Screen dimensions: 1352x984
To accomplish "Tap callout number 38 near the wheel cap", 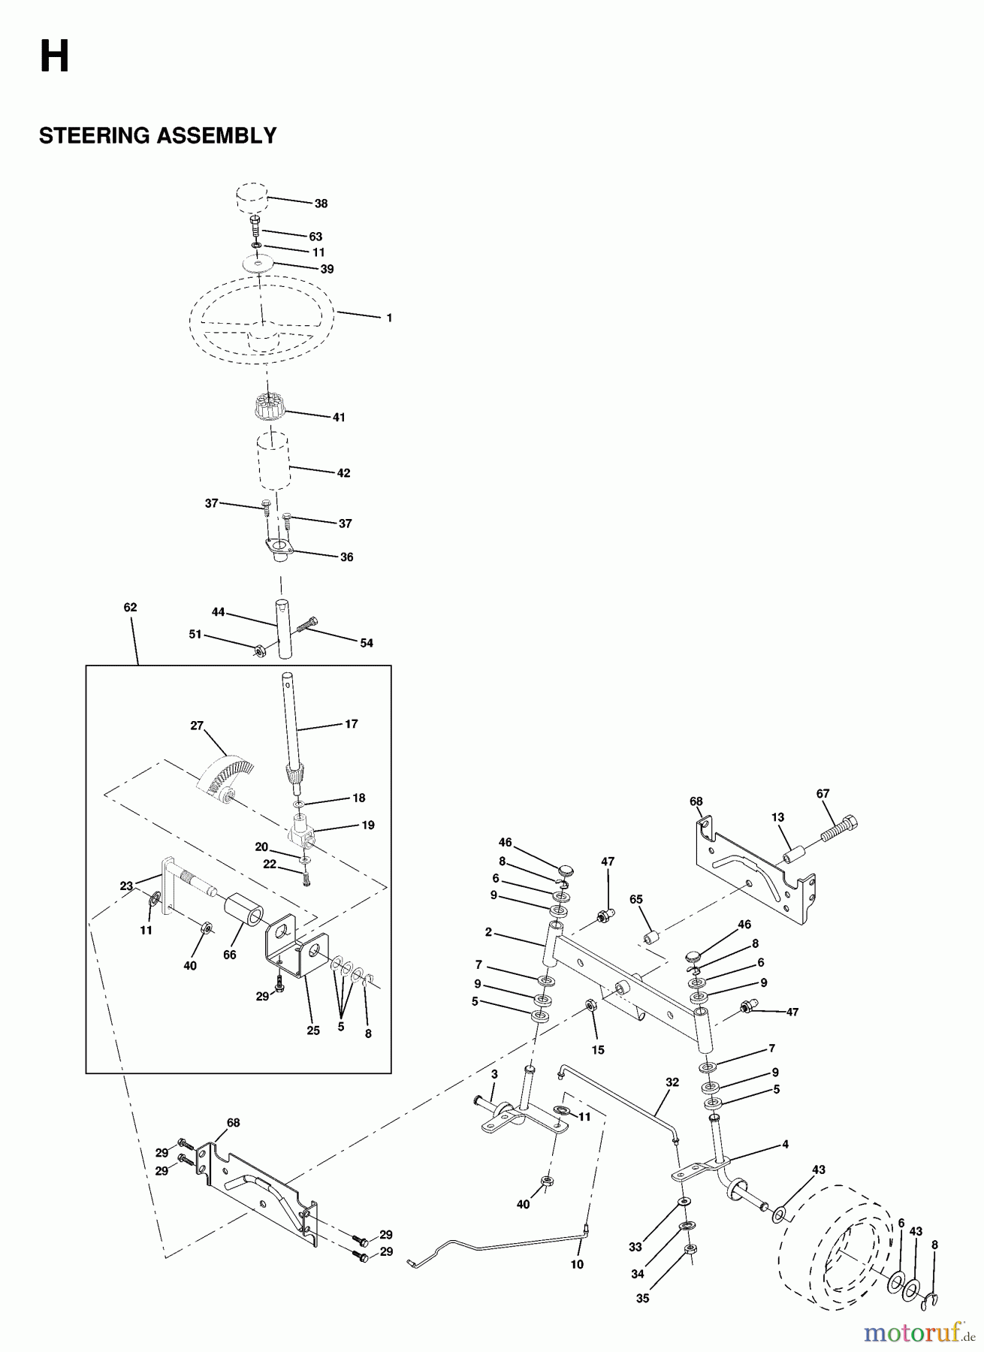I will pyautogui.click(x=321, y=204).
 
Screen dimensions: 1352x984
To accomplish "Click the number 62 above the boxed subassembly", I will pyautogui.click(x=130, y=607).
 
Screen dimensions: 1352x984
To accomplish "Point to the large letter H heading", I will pyautogui.click(x=54, y=58).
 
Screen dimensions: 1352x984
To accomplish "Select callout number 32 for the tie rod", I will pyautogui.click(x=672, y=1082).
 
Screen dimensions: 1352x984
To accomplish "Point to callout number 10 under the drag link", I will pyautogui.click(x=577, y=1264).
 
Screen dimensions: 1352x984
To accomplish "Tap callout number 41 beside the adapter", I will pyautogui.click(x=339, y=417).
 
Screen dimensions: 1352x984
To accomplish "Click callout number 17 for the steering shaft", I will pyautogui.click(x=351, y=724).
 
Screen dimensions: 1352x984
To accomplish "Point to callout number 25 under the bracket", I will pyautogui.click(x=313, y=1031).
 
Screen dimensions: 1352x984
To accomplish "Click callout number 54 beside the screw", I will pyautogui.click(x=367, y=643).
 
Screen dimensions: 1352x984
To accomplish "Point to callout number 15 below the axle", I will pyautogui.click(x=598, y=1050).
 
